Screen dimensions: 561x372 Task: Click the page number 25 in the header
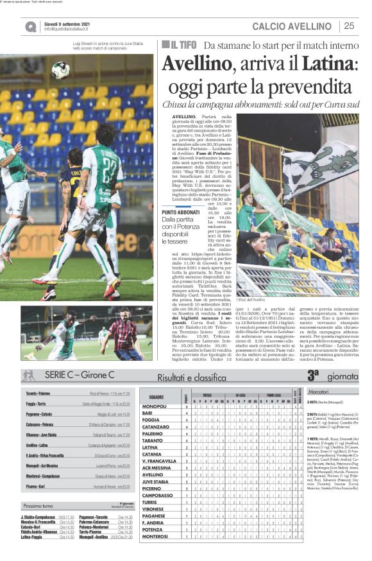click(350, 26)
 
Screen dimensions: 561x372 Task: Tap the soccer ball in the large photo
click(60, 70)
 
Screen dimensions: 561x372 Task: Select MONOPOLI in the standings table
click(154, 406)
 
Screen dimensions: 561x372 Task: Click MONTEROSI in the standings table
click(154, 553)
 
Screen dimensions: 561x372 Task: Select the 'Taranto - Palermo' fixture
click(38, 392)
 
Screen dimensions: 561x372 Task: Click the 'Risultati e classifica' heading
click(192, 377)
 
